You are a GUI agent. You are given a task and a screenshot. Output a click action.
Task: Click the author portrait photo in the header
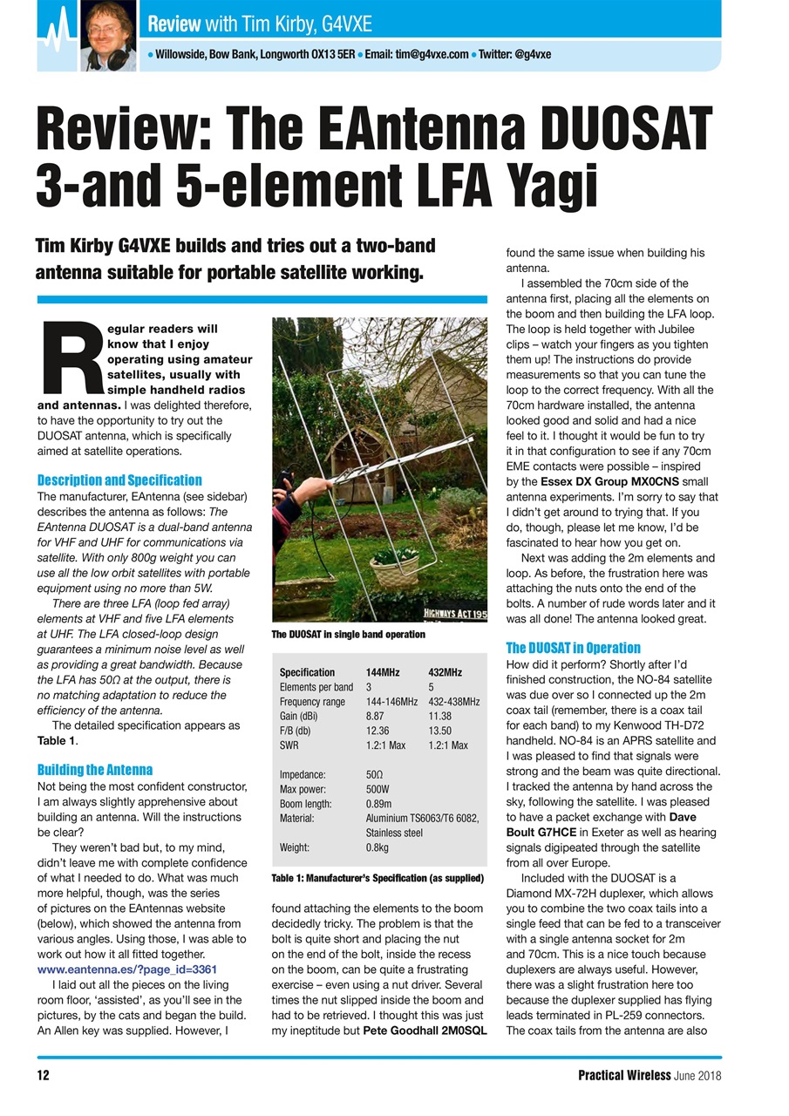[108, 35]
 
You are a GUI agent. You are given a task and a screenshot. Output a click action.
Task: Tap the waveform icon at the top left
[57, 32]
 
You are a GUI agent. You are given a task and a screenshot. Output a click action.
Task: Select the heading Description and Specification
[119, 480]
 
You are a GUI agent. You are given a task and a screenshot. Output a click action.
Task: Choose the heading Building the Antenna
[94, 770]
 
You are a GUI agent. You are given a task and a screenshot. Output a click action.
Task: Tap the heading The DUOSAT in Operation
[573, 648]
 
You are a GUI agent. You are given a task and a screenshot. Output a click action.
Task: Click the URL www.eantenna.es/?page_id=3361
[126, 969]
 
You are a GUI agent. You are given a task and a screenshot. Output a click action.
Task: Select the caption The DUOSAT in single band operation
[348, 635]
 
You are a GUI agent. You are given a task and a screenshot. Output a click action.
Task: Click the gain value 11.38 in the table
[442, 716]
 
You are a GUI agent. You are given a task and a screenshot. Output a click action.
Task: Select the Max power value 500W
[379, 789]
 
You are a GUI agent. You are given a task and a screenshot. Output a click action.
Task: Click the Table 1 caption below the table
[377, 877]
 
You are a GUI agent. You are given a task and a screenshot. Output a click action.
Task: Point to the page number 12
[43, 1075]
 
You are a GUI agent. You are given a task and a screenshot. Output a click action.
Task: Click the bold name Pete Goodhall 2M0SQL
[425, 1031]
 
